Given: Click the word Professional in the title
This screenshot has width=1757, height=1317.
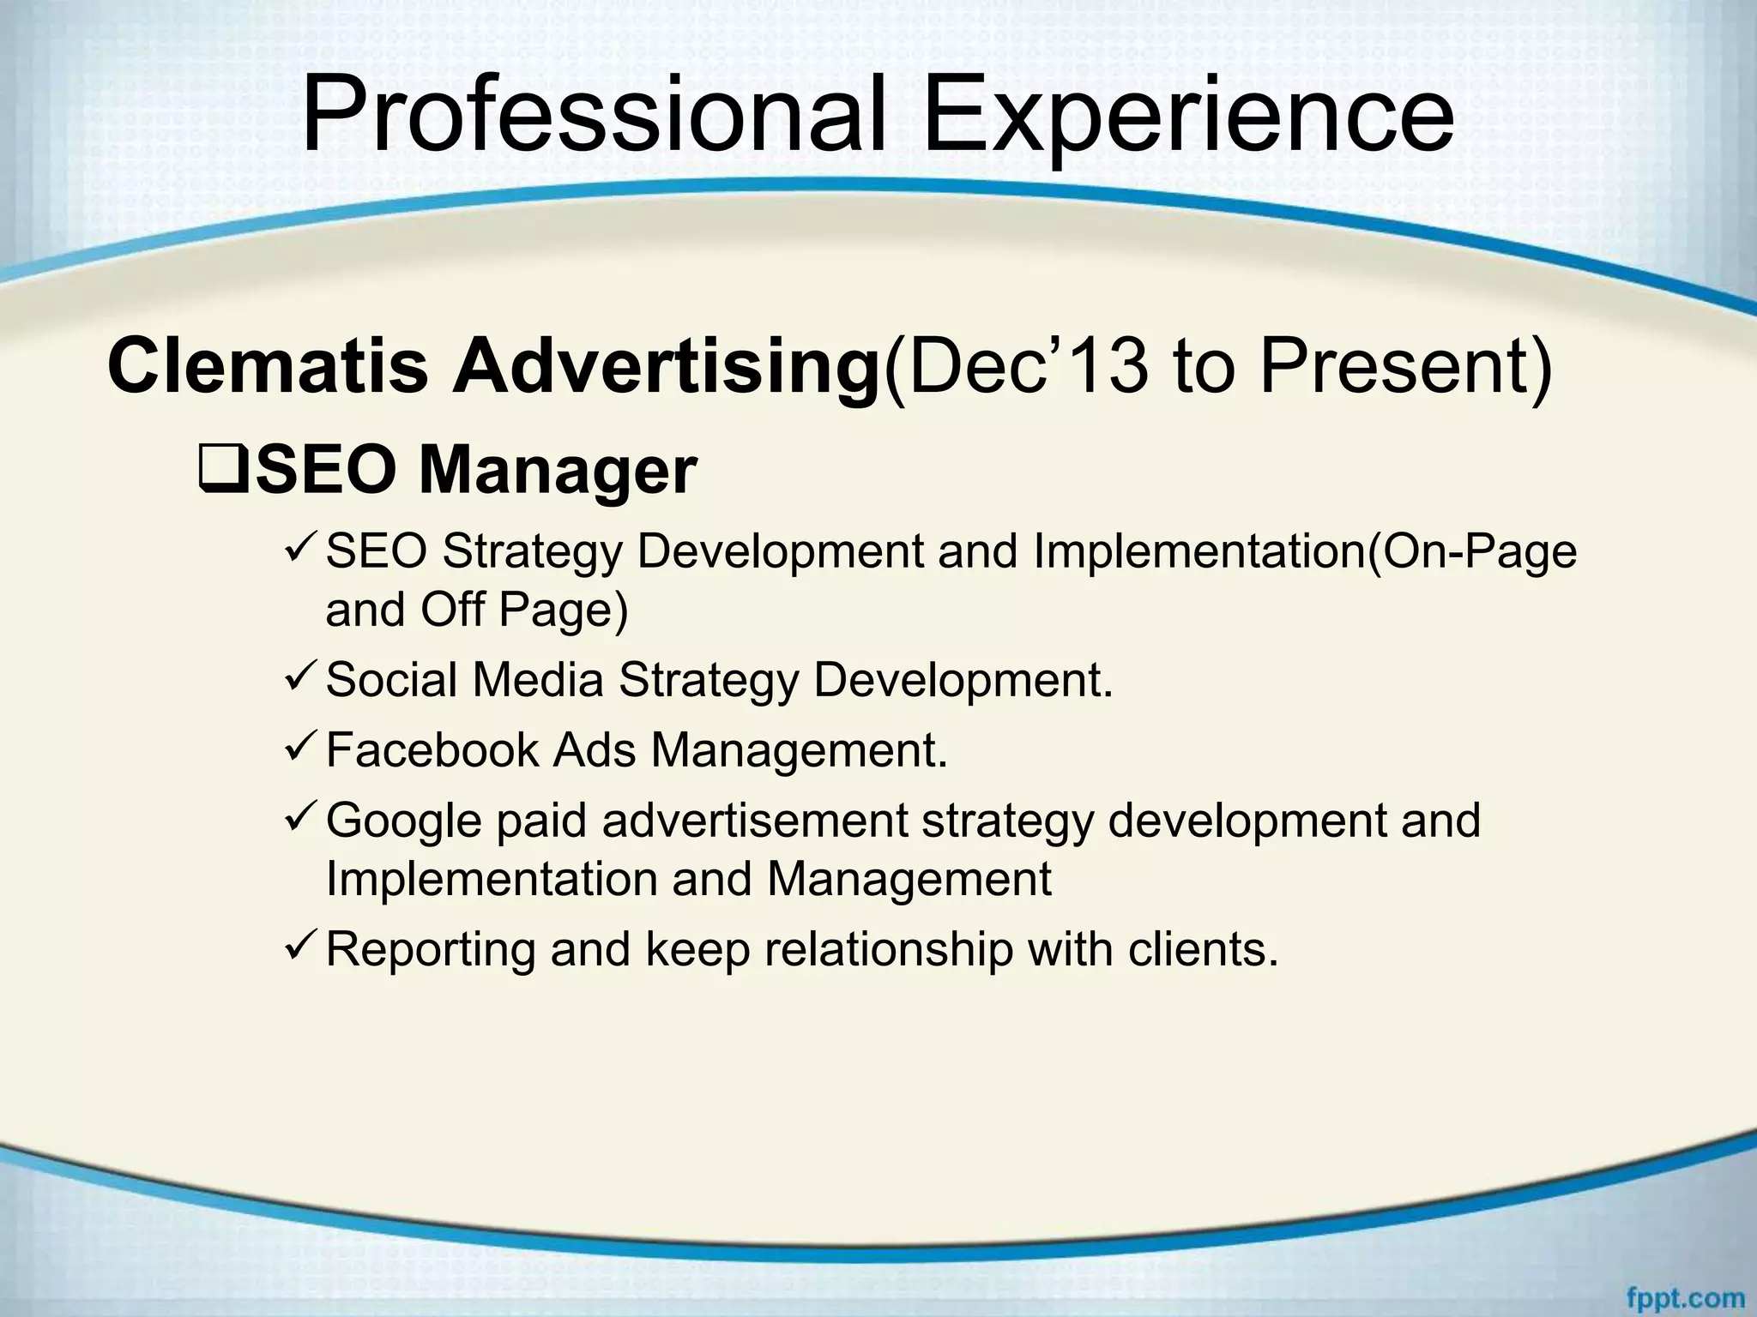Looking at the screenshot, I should (x=592, y=116).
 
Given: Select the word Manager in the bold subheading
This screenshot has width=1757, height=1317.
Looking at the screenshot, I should (x=557, y=471).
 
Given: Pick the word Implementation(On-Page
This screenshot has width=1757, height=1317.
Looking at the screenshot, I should (x=1304, y=551).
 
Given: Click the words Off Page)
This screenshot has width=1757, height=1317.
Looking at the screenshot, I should (x=524, y=610).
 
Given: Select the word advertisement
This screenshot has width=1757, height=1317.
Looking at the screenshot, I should (x=754, y=820).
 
